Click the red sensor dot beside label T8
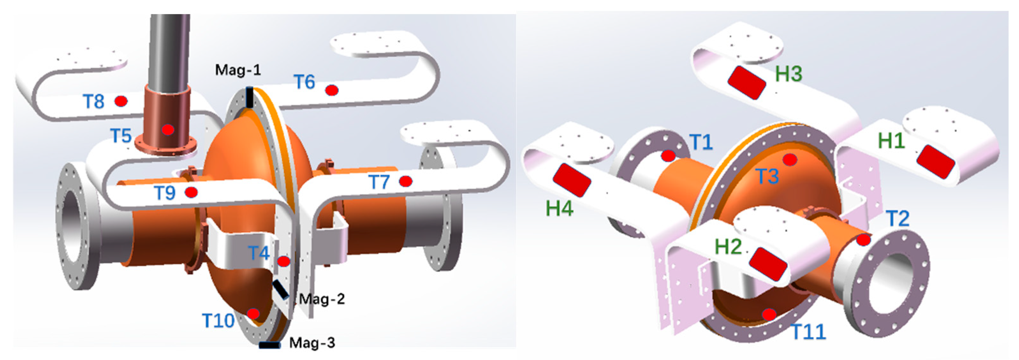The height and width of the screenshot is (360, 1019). [x=121, y=101]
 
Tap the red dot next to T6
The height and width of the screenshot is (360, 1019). [x=332, y=91]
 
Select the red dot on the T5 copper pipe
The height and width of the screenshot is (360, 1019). [x=168, y=129]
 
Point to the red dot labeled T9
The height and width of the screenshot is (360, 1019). [x=191, y=192]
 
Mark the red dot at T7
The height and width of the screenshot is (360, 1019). [x=406, y=181]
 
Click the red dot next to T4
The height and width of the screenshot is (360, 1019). [x=284, y=261]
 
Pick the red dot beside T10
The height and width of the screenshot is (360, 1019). [x=253, y=314]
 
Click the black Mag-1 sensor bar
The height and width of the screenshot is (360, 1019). [x=250, y=97]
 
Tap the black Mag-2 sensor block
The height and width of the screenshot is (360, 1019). [x=281, y=289]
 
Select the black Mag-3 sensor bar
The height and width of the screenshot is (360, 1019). [x=270, y=345]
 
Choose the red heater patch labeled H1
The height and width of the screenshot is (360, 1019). [x=935, y=161]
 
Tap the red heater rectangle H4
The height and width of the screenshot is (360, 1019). [x=572, y=180]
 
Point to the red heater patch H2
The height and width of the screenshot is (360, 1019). [x=768, y=263]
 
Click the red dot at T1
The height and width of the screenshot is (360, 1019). [x=669, y=156]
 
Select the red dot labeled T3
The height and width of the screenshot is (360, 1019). [x=790, y=159]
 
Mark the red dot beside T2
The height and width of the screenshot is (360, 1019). [x=863, y=240]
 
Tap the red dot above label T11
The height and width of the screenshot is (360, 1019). [x=769, y=314]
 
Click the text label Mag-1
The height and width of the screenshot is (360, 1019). [x=238, y=70]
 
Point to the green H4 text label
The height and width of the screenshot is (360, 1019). [x=559, y=208]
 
